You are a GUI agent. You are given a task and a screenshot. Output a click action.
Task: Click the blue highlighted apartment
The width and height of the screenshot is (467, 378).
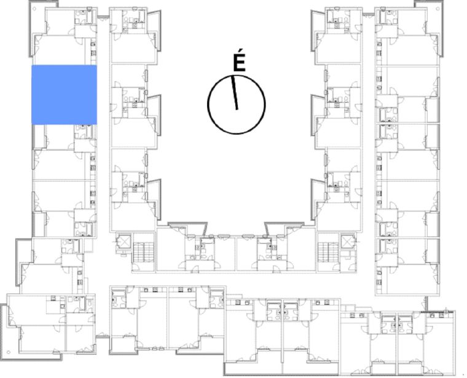point(64,95)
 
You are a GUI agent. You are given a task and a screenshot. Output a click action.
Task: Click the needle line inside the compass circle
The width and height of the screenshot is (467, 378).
point(234,93)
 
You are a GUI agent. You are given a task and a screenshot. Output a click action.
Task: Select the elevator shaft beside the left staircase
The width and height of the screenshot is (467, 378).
point(124,242)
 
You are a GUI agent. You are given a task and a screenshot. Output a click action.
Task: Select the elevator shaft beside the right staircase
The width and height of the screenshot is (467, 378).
point(348,242)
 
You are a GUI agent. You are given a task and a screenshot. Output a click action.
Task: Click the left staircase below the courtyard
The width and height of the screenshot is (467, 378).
point(143,252)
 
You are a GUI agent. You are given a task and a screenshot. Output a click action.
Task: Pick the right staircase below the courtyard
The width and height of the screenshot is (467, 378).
point(329,252)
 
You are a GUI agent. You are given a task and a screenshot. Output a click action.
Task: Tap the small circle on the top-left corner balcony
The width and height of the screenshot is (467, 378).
point(34,9)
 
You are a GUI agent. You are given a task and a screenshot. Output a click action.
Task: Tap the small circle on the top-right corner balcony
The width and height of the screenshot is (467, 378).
point(439,9)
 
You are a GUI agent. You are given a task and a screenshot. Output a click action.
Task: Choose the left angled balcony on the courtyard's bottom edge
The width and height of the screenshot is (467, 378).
point(188,228)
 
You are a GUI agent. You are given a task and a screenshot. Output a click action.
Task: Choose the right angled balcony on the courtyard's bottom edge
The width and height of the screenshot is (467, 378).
point(284,228)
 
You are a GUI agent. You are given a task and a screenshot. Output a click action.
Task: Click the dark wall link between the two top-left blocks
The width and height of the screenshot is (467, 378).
point(103,17)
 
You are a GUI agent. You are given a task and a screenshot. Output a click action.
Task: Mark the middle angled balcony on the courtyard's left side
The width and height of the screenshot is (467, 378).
point(154,116)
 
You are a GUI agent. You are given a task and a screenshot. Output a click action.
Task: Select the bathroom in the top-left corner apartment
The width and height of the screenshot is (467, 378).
point(84,17)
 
